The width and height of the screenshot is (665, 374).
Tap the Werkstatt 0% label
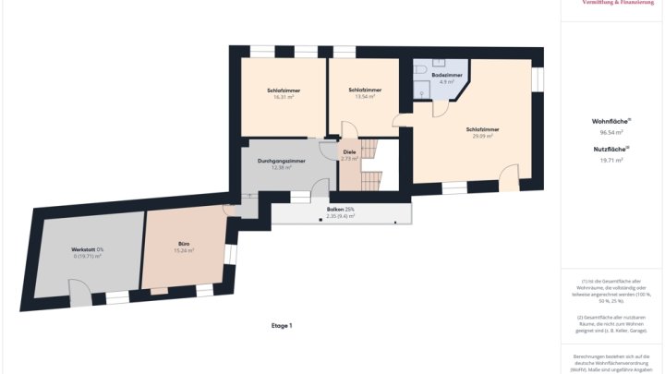point(88,249)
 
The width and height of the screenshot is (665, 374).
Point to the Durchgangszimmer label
point(282,162)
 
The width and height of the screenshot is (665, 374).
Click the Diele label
point(349,151)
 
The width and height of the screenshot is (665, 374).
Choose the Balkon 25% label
point(341,210)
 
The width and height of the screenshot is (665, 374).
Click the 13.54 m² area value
point(365,96)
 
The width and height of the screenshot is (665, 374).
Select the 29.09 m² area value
point(482,136)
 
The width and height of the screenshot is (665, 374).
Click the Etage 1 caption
point(282,326)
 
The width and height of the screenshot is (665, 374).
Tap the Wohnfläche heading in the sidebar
point(610,121)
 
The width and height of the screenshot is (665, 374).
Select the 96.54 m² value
point(610,132)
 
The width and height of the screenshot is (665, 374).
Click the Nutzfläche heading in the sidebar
point(610,149)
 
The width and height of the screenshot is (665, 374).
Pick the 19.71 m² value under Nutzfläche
point(610,160)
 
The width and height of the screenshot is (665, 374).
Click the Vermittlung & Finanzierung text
point(623,4)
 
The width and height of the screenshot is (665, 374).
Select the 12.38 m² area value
point(282,168)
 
